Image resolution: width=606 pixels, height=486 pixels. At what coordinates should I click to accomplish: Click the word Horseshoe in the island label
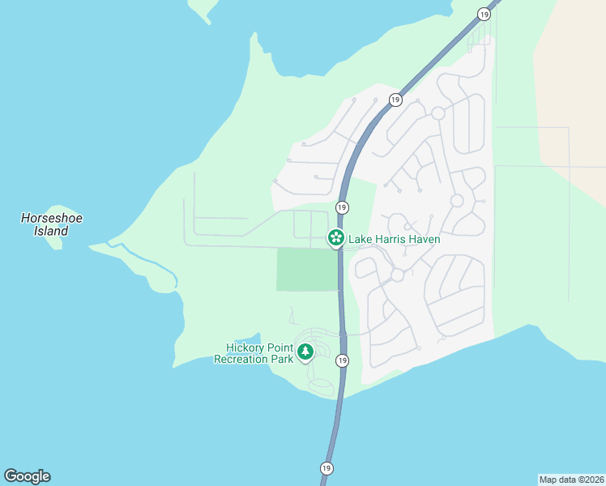click(52, 218)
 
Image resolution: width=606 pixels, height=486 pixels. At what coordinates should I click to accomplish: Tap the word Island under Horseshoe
click(51, 231)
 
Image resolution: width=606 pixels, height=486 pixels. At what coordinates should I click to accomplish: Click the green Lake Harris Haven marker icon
click(335, 238)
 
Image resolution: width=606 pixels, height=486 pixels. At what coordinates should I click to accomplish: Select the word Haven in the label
click(423, 239)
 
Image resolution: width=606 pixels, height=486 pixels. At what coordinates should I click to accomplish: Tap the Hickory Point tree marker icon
click(305, 352)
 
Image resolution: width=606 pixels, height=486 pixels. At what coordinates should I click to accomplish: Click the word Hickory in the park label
click(245, 347)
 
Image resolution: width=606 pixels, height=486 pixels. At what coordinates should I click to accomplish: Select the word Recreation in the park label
click(241, 359)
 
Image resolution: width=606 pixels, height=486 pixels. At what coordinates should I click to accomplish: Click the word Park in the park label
click(281, 359)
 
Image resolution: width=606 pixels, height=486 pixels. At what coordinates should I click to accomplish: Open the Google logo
click(27, 476)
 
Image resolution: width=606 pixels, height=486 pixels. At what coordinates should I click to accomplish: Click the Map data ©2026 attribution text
click(571, 479)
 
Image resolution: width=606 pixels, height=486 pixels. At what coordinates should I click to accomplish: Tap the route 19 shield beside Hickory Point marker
click(343, 360)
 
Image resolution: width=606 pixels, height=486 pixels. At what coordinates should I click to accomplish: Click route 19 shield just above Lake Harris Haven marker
click(342, 207)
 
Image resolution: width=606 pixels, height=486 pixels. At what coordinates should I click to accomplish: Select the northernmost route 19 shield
click(484, 14)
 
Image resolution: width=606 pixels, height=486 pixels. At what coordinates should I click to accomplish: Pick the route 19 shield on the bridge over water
click(326, 468)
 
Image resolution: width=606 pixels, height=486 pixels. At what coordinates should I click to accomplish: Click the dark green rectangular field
click(307, 270)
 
